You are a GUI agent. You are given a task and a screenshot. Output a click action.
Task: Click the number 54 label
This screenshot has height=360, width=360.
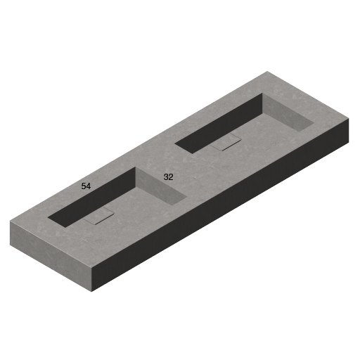[x=86, y=186]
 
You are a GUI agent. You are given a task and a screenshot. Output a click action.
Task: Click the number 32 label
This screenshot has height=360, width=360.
[x=168, y=177]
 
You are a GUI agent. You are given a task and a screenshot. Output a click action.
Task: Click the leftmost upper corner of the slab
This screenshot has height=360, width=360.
[x=11, y=222]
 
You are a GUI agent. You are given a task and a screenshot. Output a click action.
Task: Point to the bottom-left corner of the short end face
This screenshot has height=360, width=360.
[x=11, y=244]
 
